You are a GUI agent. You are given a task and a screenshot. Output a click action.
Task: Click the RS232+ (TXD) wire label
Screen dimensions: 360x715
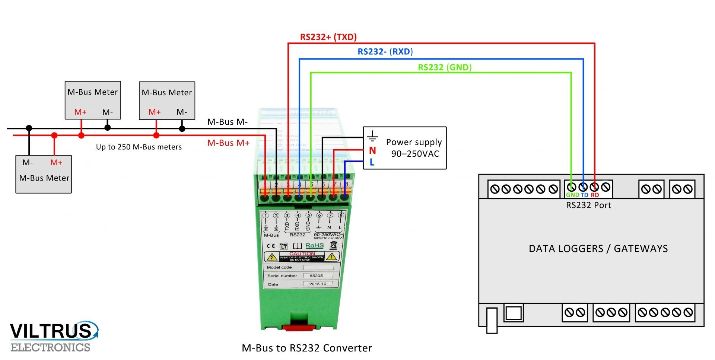[x=328, y=37]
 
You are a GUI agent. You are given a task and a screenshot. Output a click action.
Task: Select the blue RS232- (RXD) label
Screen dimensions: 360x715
[x=385, y=52]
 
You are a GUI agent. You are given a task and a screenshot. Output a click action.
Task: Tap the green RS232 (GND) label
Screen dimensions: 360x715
[x=445, y=67]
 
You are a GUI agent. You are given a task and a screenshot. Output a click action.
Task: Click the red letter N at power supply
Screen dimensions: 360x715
[x=372, y=151]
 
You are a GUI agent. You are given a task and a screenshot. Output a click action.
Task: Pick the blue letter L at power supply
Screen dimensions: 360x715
[x=372, y=162]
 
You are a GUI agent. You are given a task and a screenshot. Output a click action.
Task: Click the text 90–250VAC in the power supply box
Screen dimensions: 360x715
[x=415, y=154]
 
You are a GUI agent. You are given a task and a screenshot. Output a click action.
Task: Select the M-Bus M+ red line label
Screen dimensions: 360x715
[x=228, y=143]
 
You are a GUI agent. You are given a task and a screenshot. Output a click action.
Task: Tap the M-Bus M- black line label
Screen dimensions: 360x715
[x=227, y=122]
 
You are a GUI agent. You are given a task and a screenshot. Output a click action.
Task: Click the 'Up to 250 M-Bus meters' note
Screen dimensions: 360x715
[x=139, y=147]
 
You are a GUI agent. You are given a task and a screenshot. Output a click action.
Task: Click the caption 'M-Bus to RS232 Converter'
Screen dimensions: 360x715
[x=307, y=348]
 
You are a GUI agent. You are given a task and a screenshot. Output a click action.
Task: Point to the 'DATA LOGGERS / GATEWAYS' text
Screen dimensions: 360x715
[x=598, y=249]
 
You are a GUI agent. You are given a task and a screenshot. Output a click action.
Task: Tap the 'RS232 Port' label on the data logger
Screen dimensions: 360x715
[x=588, y=205]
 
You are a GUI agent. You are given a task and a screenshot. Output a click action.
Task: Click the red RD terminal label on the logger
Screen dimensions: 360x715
[x=595, y=195]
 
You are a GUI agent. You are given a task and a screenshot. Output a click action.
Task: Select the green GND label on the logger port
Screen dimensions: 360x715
[x=572, y=195]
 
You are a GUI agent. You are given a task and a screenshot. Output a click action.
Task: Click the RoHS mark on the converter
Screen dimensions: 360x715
[x=314, y=246]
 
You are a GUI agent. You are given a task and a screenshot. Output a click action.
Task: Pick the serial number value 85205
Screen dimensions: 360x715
[x=316, y=276]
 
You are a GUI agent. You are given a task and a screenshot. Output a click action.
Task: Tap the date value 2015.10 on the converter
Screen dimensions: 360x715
[x=318, y=284]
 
